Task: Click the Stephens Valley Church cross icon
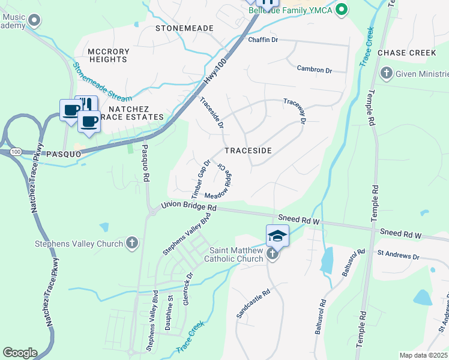click(132, 244)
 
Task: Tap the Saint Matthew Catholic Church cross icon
click(273, 254)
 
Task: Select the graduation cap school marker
click(278, 235)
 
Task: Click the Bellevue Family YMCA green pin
click(342, 10)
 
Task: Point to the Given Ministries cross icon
click(385, 74)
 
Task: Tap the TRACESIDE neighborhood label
click(248, 151)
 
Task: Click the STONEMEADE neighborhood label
click(184, 28)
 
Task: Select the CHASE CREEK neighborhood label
click(406, 53)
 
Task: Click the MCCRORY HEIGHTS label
click(108, 55)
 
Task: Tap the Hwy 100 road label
click(217, 71)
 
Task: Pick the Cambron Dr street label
click(314, 70)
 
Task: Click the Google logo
click(20, 353)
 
